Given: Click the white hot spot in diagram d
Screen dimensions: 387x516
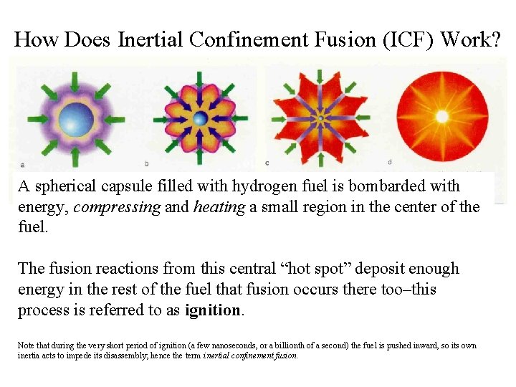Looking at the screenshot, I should tap(442, 116).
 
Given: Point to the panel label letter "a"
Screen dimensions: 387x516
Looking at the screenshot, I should tap(23, 163).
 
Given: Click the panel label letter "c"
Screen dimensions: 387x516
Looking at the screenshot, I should tap(267, 163).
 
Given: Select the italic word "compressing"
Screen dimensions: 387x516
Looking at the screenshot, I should tap(109, 208).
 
